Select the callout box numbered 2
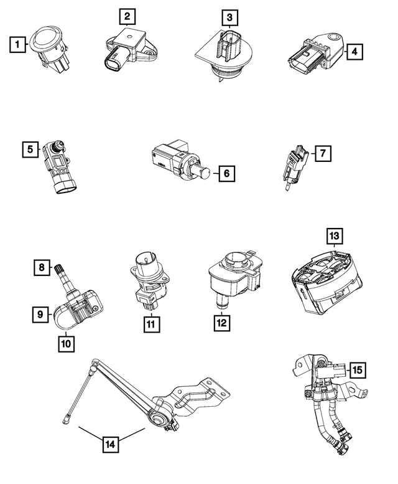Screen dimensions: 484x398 click(x=126, y=16)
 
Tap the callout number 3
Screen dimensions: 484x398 click(x=230, y=17)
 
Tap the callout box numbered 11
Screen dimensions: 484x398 click(x=150, y=325)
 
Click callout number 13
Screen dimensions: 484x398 click(x=335, y=236)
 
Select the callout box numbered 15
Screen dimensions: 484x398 click(x=357, y=370)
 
